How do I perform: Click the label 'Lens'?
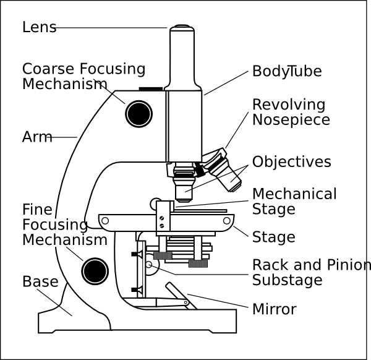39,27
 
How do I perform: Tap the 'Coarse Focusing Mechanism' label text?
83,76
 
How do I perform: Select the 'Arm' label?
37,137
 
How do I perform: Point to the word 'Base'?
40,282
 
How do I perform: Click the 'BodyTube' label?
286,71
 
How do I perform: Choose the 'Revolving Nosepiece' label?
291,112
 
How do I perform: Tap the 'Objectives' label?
291,162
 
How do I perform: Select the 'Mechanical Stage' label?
294,201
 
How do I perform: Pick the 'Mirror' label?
274,309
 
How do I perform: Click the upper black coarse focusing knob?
139,113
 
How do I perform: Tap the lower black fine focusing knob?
95,270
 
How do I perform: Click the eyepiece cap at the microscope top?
183,28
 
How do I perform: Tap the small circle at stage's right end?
227,220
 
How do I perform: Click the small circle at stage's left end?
105,220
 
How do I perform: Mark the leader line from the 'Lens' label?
111,28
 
